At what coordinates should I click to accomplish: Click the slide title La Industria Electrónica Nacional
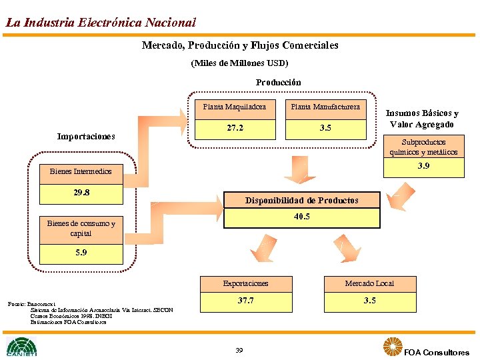pyautogui.click(x=101, y=22)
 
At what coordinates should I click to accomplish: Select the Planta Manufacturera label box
pyautogui.click(x=325, y=107)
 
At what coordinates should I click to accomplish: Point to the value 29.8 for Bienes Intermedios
pyautogui.click(x=81, y=193)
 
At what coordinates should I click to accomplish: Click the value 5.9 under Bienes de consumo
pyautogui.click(x=81, y=253)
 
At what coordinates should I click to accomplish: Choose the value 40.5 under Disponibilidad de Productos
pyautogui.click(x=301, y=217)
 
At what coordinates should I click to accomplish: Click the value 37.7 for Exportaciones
pyautogui.click(x=245, y=301)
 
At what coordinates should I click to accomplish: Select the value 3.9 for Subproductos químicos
pyautogui.click(x=423, y=167)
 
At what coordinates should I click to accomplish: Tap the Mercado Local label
pyautogui.click(x=369, y=283)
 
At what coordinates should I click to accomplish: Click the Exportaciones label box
pyautogui.click(x=245, y=283)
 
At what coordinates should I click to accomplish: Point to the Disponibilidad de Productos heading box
pyautogui.click(x=301, y=200)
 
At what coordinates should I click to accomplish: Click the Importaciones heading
pyautogui.click(x=86, y=137)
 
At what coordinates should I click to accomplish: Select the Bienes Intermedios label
pyautogui.click(x=81, y=172)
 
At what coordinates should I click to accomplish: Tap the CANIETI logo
pyautogui.click(x=22, y=347)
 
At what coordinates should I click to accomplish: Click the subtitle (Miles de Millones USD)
pyautogui.click(x=239, y=63)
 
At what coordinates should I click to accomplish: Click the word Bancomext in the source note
pyautogui.click(x=45, y=303)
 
